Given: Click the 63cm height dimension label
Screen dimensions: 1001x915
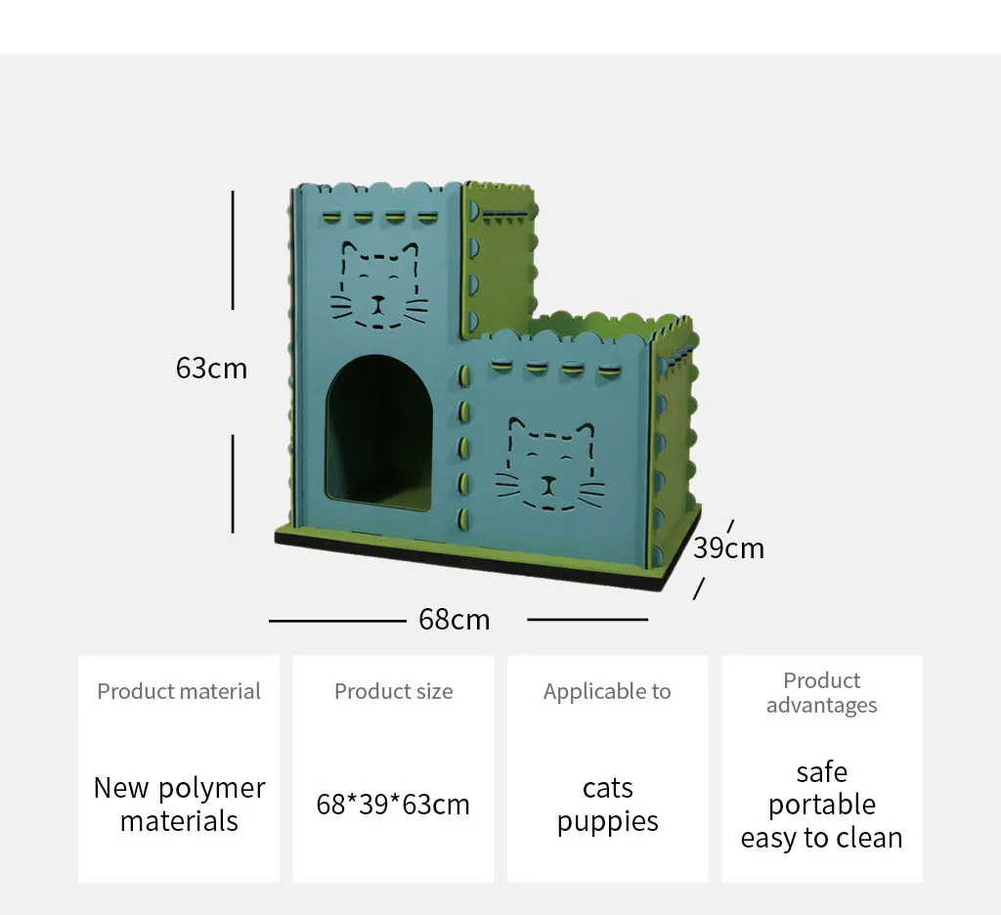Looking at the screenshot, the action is tap(211, 369).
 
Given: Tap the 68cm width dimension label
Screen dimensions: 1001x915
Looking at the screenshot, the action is tap(454, 620).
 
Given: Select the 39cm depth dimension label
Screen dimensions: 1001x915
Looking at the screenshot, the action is tap(728, 547).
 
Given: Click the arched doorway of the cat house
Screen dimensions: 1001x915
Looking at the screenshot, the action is tap(379, 434).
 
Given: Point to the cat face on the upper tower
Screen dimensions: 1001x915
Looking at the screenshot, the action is tap(379, 285).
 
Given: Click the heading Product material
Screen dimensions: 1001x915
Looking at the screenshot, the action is tap(179, 692).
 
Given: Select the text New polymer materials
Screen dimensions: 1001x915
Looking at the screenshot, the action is tap(179, 805).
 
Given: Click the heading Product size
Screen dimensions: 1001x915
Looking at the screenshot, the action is tap(393, 692).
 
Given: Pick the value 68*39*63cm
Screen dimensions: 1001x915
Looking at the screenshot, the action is tap(393, 805).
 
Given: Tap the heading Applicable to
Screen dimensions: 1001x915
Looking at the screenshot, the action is tap(607, 692).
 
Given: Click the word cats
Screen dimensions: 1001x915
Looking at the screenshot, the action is tap(607, 788).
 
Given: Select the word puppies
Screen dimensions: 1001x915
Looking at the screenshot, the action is tap(607, 822).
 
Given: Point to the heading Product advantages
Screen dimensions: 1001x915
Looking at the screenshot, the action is tap(821, 692).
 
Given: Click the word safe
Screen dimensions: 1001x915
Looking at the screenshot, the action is tap(821, 771).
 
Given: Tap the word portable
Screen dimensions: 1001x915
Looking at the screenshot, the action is tap(821, 805).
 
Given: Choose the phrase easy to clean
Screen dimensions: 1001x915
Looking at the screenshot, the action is tap(821, 838).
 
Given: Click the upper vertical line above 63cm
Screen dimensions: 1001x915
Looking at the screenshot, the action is tap(233, 250).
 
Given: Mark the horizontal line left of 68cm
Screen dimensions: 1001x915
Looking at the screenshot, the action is tap(336, 620).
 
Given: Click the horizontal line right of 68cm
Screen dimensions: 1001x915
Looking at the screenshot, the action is tap(588, 619).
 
